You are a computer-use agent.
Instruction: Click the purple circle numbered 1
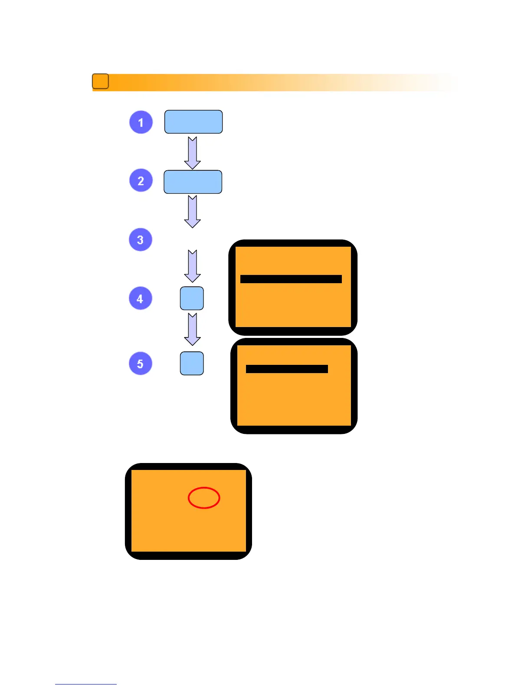(x=141, y=122)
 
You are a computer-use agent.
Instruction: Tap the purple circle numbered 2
(x=141, y=181)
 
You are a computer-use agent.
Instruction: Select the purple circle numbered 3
(x=141, y=239)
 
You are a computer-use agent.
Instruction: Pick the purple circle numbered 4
(x=141, y=298)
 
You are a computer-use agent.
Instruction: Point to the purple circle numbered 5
(x=141, y=364)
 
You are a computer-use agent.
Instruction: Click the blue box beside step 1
(x=193, y=122)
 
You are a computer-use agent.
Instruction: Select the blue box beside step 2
(x=193, y=182)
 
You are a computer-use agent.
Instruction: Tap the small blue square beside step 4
(x=192, y=298)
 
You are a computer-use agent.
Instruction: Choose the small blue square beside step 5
(x=192, y=363)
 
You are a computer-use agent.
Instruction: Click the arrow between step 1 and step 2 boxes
(x=192, y=153)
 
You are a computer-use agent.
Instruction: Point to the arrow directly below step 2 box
(x=192, y=212)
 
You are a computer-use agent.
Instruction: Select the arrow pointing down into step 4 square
(x=192, y=266)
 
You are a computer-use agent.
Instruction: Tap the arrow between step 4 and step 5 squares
(x=192, y=329)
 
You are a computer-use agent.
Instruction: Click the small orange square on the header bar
(x=100, y=81)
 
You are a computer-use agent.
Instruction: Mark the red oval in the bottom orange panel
(x=204, y=498)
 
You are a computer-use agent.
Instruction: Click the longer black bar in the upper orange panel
(x=291, y=279)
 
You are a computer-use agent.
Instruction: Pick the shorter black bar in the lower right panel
(x=287, y=369)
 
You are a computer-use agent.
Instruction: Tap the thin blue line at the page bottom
(x=85, y=684)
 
